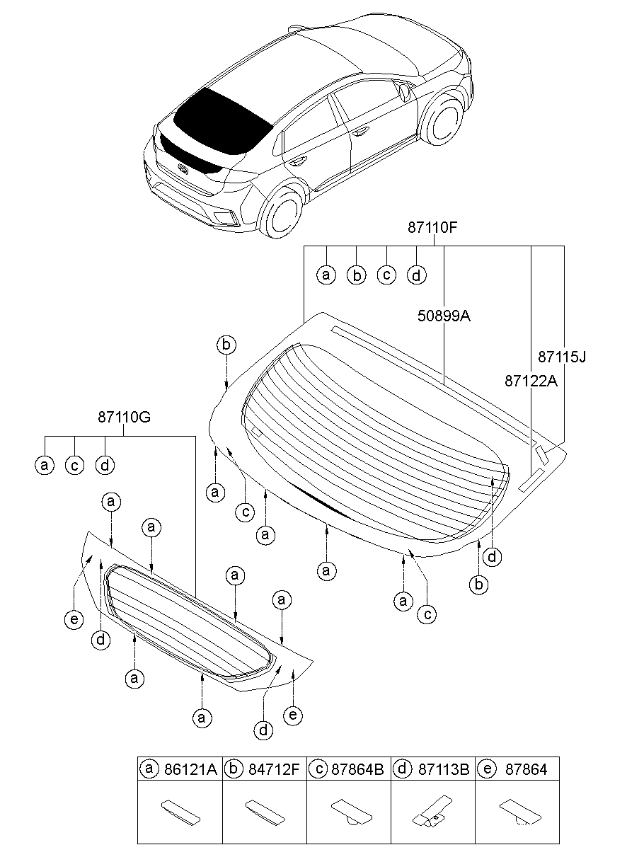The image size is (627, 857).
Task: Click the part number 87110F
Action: coord(432,227)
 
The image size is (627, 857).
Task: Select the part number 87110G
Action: coord(124,417)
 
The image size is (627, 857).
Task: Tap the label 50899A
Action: coord(444,316)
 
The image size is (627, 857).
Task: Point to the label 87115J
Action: coord(562,357)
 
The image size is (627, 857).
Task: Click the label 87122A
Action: coord(531,381)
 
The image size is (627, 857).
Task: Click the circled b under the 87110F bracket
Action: coord(357,275)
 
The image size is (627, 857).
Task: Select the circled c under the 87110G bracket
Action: coord(74,465)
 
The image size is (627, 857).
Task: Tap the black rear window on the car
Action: coord(222,122)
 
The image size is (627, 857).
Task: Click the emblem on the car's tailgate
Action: coord(183,168)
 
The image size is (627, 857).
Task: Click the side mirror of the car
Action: coord(403,91)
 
